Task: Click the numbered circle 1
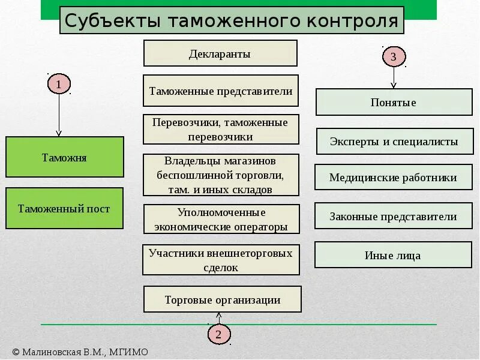59,85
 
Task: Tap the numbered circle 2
219,334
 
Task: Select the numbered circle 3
394,57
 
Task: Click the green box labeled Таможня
65,157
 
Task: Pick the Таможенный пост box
65,209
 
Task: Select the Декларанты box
220,53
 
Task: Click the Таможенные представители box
221,91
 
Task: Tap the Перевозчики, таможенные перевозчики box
221,130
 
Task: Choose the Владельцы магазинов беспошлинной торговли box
221,175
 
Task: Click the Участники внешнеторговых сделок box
221,260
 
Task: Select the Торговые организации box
223,299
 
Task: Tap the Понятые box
394,103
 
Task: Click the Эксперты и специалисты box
394,142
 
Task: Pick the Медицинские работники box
393,178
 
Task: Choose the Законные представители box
393,217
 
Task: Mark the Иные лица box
393,255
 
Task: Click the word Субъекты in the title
112,21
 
